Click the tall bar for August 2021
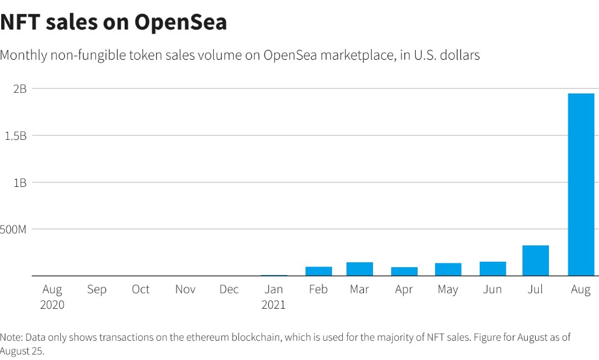pos(581,185)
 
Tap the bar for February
pos(319,271)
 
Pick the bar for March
pos(360,269)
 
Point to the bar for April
pos(404,271)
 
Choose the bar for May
pos(448,270)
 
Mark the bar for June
pos(492,268)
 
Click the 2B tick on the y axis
pos(20,89)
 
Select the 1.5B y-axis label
pos(16,136)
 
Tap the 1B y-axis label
pos(20,182)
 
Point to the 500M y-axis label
pos(14,229)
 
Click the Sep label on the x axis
pos(96,289)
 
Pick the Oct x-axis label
pos(140,289)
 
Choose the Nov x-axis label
pos(185,289)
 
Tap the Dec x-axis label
pos(229,289)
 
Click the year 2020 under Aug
pos(52,305)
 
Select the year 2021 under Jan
pos(274,305)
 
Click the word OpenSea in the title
pos(181,22)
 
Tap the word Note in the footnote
pos(11,337)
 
